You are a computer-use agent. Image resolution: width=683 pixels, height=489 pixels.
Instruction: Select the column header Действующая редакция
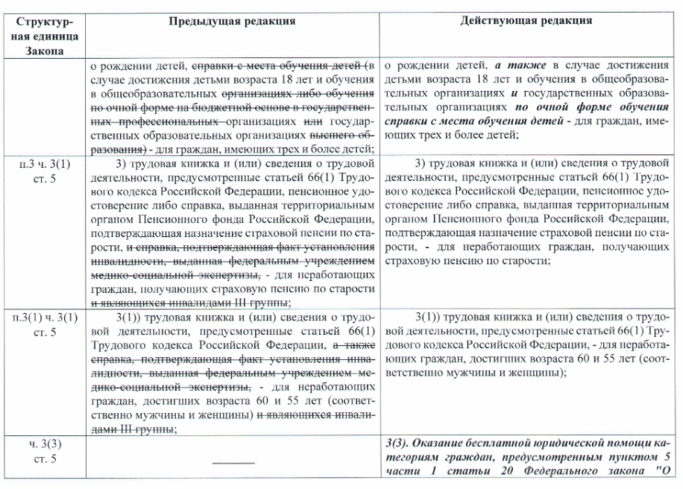tap(526, 20)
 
